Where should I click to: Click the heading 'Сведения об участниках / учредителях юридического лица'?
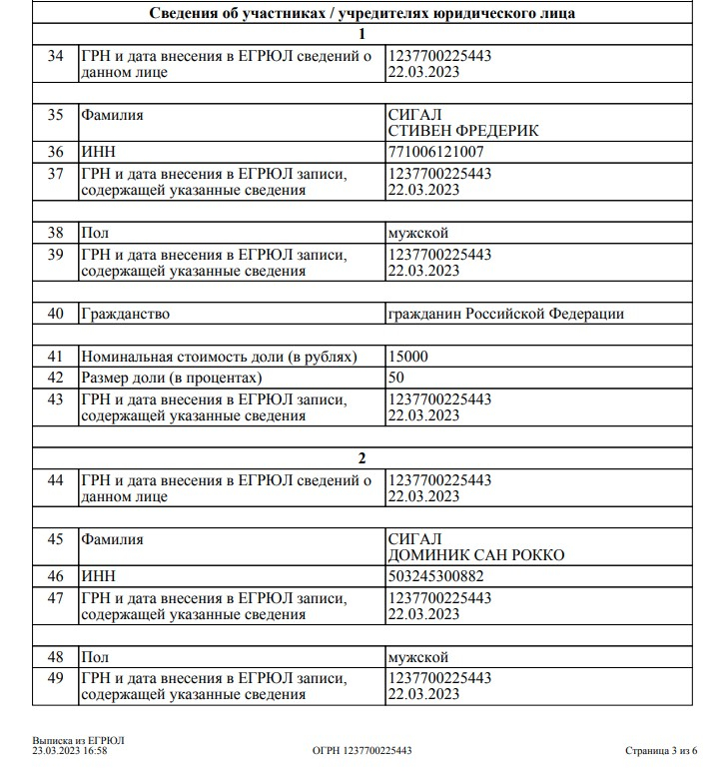362,13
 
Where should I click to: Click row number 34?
56,57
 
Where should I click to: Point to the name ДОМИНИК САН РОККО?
475,555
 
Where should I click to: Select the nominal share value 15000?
408,357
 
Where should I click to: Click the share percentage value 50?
396,378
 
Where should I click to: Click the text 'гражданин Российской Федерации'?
506,314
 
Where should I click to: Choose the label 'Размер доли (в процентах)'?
172,378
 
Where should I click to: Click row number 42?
56,378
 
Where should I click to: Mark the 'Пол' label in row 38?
95,232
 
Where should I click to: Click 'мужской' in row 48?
418,657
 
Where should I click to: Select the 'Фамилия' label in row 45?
113,539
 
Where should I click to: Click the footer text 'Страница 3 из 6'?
660,750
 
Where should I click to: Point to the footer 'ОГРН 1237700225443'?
362,750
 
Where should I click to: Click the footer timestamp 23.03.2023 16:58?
70,750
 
